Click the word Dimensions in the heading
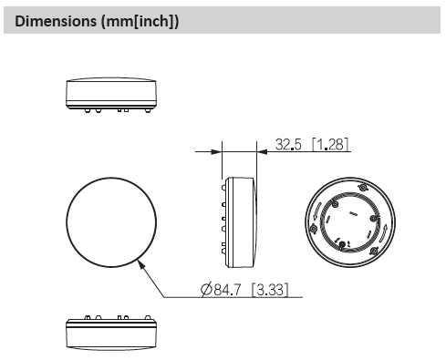(x=56, y=21)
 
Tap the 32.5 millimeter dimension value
(x=288, y=144)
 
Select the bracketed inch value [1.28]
(x=330, y=144)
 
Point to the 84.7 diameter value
(x=227, y=290)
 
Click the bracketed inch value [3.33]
(x=270, y=290)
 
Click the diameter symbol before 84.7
(x=206, y=290)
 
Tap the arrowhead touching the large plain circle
(x=141, y=263)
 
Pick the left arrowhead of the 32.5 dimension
(x=216, y=151)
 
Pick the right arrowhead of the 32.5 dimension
(x=262, y=151)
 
